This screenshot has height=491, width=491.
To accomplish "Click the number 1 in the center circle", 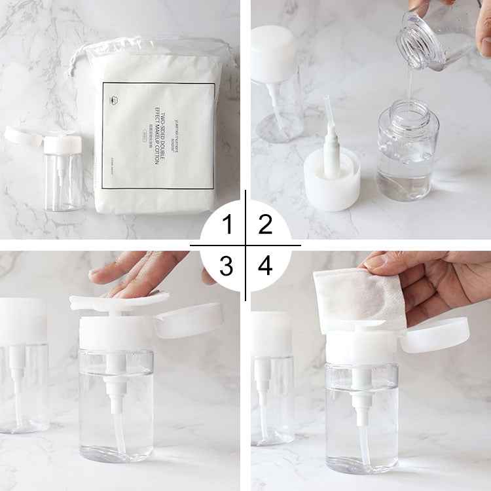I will pos(227,226).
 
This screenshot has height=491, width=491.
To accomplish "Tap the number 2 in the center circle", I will pos(265,226).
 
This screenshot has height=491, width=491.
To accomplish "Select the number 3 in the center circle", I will pos(227,266).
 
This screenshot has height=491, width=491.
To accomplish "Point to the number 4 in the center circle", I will pos(265,266).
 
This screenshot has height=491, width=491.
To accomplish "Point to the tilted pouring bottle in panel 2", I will pos(439,29).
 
